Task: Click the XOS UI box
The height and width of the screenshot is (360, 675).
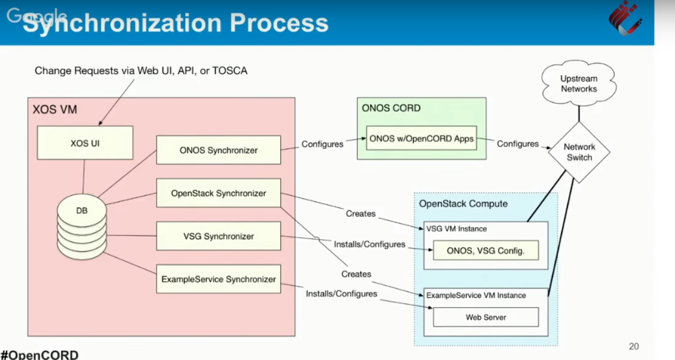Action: (x=85, y=142)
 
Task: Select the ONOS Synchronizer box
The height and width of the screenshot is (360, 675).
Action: (x=218, y=150)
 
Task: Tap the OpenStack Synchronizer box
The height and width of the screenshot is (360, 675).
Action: (x=218, y=193)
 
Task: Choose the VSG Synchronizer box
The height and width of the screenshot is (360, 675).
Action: (x=218, y=236)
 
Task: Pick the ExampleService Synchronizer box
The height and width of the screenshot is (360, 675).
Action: (x=218, y=279)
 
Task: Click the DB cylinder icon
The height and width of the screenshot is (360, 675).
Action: (x=82, y=227)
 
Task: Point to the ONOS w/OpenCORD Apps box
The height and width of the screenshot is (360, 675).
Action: (x=421, y=138)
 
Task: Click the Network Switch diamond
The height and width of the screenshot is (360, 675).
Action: (x=579, y=152)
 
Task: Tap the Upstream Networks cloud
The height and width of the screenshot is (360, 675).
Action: (x=579, y=83)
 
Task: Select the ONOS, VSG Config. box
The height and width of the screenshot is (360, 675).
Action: (x=486, y=250)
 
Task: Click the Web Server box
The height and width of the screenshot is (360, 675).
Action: (x=486, y=317)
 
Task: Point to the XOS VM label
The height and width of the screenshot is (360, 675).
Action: (x=55, y=109)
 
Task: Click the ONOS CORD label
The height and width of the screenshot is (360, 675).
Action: (x=391, y=108)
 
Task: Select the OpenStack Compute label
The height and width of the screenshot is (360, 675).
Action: (x=463, y=203)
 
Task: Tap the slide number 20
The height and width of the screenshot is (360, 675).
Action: (x=634, y=346)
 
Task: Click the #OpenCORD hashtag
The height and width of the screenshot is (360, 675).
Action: (x=40, y=354)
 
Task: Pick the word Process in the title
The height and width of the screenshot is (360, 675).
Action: (x=279, y=23)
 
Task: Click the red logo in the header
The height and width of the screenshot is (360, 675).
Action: (x=625, y=18)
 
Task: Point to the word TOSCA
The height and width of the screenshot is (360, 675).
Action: (x=229, y=71)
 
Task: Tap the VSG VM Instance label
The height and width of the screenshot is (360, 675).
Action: (x=457, y=229)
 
